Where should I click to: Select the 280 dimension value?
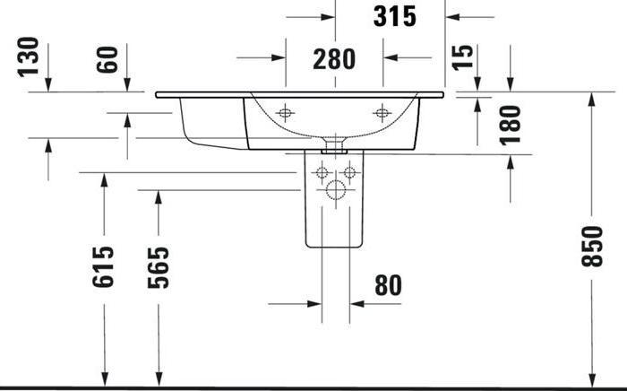tap(333, 60)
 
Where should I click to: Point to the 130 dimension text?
tap(28, 56)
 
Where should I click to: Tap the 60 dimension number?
tap(107, 61)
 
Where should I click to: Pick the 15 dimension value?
tap(462, 57)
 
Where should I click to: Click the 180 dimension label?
tap(511, 125)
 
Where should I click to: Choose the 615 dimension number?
tap(105, 266)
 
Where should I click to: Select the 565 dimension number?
tap(159, 266)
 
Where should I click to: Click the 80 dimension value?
tap(387, 286)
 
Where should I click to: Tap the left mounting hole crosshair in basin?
tap(286, 113)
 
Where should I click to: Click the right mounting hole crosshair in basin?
tap(382, 113)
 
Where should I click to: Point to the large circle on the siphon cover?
tap(335, 189)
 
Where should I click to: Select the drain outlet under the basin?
tap(335, 142)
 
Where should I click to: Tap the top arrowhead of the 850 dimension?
tap(592, 98)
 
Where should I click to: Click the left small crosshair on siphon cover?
tap(323, 172)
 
